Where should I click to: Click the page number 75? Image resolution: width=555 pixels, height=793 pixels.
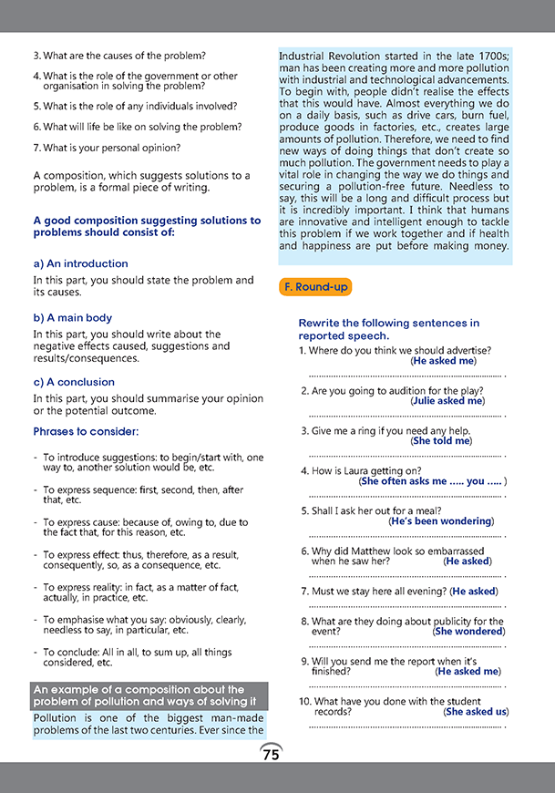[x=271, y=755]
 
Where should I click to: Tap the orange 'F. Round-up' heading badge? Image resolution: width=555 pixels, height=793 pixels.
[x=314, y=287]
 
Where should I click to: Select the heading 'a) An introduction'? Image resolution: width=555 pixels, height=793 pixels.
[x=80, y=263]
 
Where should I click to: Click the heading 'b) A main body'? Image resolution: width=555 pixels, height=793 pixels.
[x=72, y=317]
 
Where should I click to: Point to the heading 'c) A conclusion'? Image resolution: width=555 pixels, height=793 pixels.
[x=74, y=382]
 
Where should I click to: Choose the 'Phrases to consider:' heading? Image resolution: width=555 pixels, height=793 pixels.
[x=87, y=430]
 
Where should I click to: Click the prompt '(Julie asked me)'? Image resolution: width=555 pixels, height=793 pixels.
[x=447, y=400]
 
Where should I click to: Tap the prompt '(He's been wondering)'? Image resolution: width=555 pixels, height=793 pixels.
[x=441, y=521]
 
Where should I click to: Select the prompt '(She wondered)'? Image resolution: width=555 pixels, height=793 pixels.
[x=469, y=631]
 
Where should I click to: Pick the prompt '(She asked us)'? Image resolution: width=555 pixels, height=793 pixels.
[x=476, y=711]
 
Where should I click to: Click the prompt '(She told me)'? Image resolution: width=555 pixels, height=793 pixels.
[x=442, y=440]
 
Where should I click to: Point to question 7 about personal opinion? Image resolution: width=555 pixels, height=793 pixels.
[x=107, y=147]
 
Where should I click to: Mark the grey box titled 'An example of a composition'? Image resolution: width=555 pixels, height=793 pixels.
[x=149, y=695]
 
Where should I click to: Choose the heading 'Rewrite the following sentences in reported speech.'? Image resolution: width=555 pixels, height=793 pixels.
[x=389, y=329]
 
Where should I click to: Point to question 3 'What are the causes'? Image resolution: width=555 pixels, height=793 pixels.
[x=119, y=56]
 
